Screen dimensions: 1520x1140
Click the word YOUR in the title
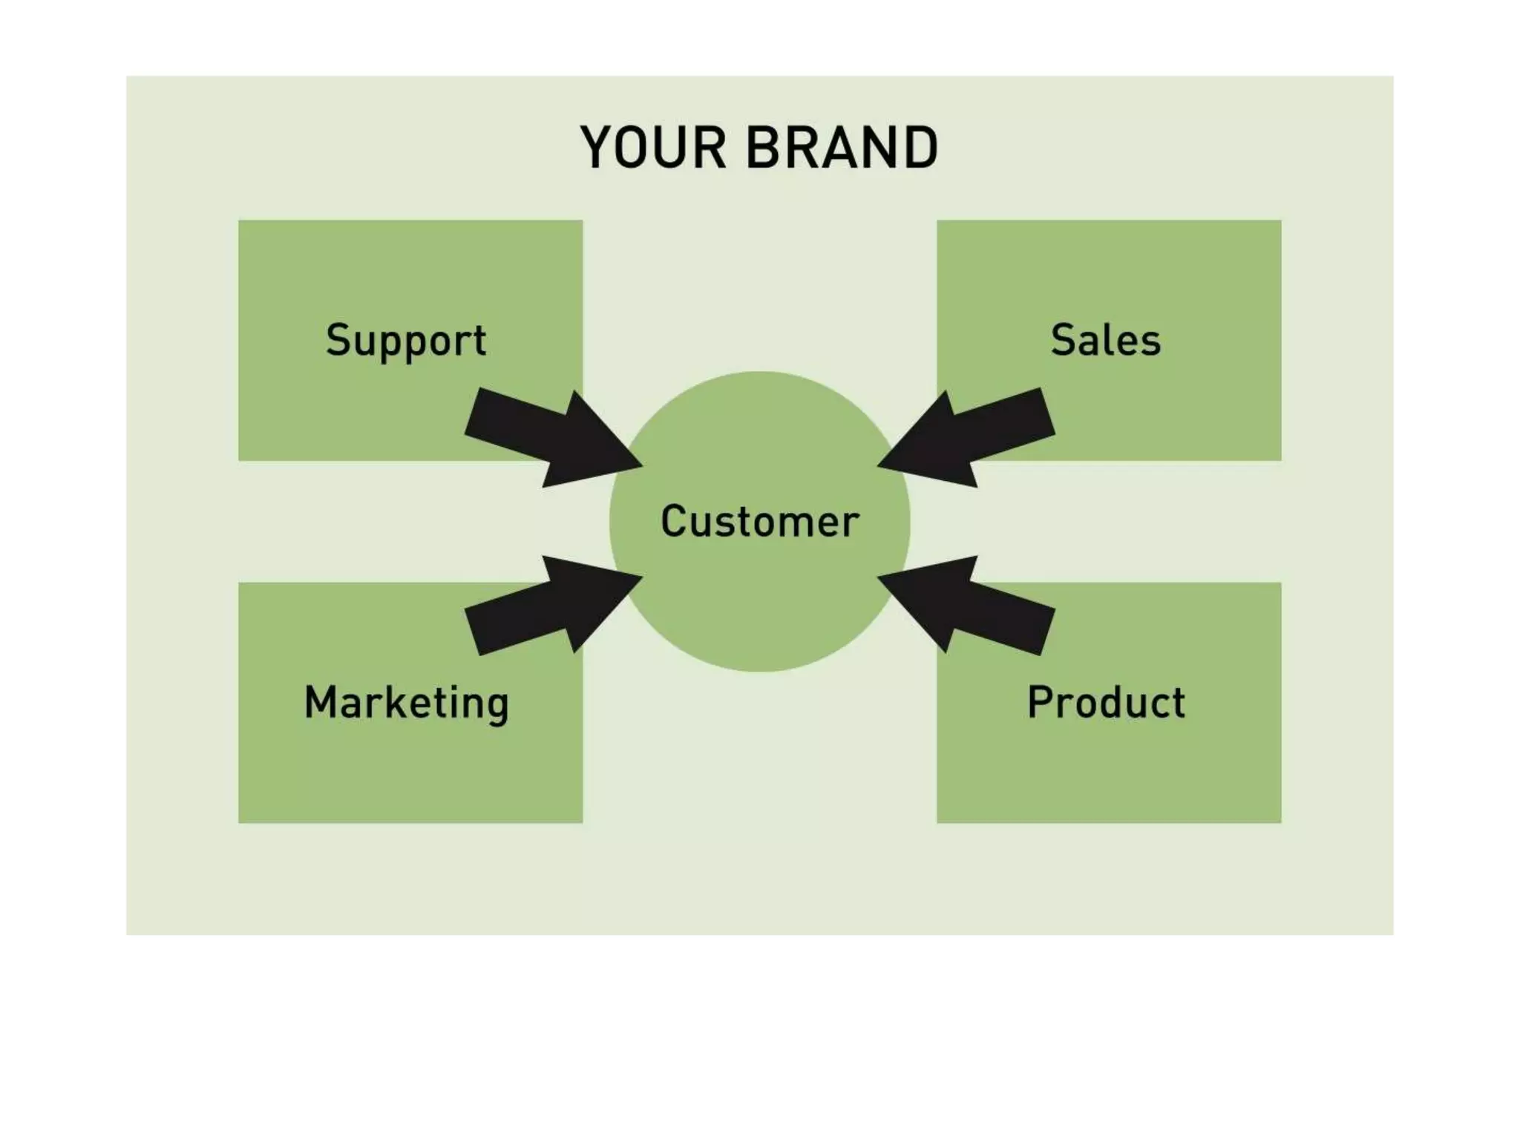pyautogui.click(x=652, y=148)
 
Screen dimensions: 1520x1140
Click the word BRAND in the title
pyautogui.click(x=842, y=148)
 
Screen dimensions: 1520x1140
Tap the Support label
pyautogui.click(x=406, y=341)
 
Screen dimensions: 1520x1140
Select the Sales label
pyautogui.click(x=1105, y=341)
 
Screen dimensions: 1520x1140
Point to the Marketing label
pyautogui.click(x=406, y=703)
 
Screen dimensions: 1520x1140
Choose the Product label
pyautogui.click(x=1106, y=702)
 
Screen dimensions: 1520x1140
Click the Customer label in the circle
pyautogui.click(x=759, y=521)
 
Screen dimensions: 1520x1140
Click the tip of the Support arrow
pyautogui.click(x=640, y=466)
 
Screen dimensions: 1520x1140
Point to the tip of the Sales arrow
pyautogui.click(x=880, y=466)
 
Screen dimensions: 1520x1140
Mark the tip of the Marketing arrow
pyautogui.click(x=640, y=576)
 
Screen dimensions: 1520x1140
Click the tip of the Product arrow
pyautogui.click(x=880, y=576)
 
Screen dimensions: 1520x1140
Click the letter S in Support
pyautogui.click(x=338, y=340)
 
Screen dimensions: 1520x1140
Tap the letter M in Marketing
pyautogui.click(x=321, y=702)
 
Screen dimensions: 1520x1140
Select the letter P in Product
pyautogui.click(x=1041, y=702)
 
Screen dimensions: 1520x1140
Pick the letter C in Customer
pyautogui.click(x=674, y=521)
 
